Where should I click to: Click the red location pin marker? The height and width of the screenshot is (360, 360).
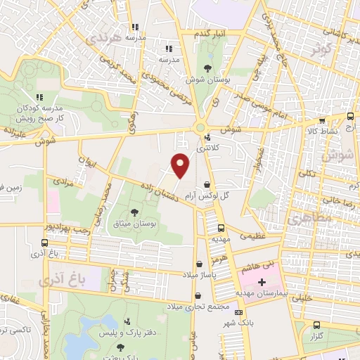pyautogui.click(x=181, y=165)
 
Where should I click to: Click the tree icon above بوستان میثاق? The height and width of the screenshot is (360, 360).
pyautogui.click(x=135, y=212)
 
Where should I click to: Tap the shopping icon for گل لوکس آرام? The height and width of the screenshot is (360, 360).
pyautogui.click(x=206, y=185)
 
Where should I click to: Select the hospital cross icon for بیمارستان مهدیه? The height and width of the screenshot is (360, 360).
pyautogui.click(x=262, y=282)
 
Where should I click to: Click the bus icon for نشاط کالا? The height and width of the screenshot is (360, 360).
pyautogui.click(x=322, y=120)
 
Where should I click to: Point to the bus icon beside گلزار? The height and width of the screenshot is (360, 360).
pyautogui.click(x=316, y=326)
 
